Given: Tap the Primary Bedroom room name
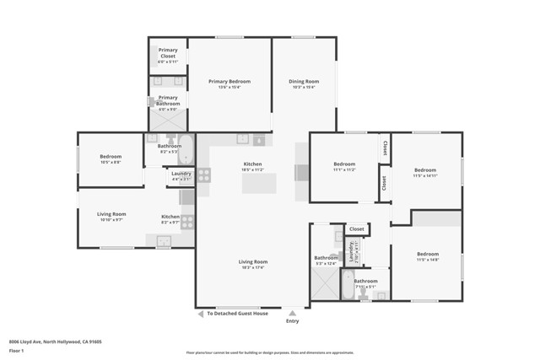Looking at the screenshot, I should pyautogui.click(x=224, y=82).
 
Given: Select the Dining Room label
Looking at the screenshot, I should pyautogui.click(x=303, y=82).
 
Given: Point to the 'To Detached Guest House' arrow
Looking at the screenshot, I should pyautogui.click(x=201, y=314).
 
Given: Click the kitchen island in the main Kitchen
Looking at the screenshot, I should pyautogui.click(x=259, y=182).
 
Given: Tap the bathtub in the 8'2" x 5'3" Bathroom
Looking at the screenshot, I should pyautogui.click(x=187, y=151).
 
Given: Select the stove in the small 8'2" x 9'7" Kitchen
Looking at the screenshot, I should pyautogui.click(x=186, y=223).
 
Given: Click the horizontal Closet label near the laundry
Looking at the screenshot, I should pyautogui.click(x=357, y=228).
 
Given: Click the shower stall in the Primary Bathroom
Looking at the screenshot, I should pyautogui.click(x=165, y=136).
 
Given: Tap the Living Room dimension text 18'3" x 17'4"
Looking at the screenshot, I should pyautogui.click(x=253, y=267).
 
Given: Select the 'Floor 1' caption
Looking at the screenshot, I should pyautogui.click(x=15, y=350).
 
